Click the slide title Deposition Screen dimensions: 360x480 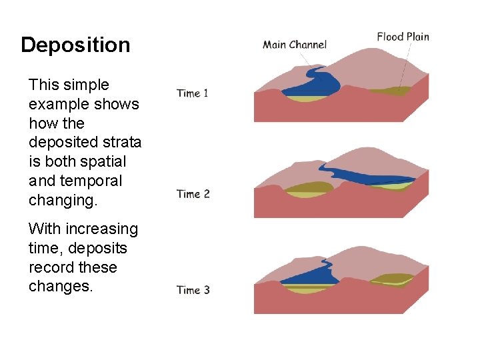75,45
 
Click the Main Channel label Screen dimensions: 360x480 295,45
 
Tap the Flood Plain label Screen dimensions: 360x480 403,36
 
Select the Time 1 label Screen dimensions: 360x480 193,93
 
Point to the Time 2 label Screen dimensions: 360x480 193,194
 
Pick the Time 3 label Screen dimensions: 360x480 193,290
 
